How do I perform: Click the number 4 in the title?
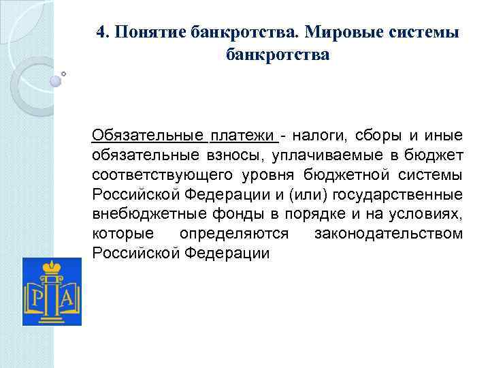[101, 33]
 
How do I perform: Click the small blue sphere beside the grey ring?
[55, 80]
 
